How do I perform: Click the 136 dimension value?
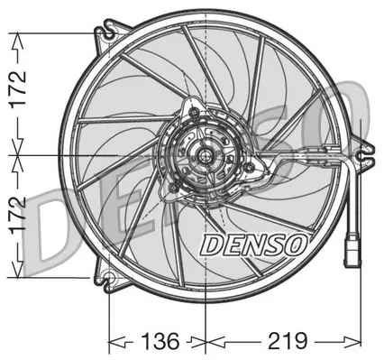click(160, 341)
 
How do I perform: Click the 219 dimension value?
click(288, 341)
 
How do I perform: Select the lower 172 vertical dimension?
click(18, 217)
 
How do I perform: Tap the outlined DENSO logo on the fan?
click(253, 245)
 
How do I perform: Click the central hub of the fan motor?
click(205, 156)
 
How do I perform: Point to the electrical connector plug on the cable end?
click(352, 252)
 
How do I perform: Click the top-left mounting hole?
click(109, 33)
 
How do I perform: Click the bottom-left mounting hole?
click(110, 278)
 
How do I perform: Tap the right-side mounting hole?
click(361, 156)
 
